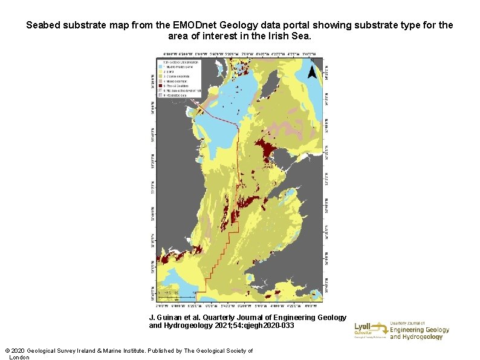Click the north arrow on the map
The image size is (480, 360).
[x=311, y=73]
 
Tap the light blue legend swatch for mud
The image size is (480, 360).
[x=161, y=67]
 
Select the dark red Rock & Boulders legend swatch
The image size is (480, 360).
[x=161, y=87]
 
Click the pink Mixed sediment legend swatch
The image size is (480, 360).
[x=161, y=82]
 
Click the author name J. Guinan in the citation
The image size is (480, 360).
[x=166, y=317]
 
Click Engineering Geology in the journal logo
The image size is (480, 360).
[x=420, y=330]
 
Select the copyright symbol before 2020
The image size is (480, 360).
[x=7, y=351]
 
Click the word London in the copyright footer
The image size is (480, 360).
[x=19, y=358]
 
